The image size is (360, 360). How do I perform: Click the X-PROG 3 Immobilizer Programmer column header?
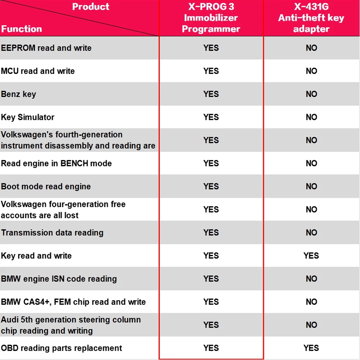[x=211, y=18]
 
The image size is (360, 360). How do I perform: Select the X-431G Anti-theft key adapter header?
[x=311, y=18]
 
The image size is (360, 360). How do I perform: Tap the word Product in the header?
[x=91, y=6]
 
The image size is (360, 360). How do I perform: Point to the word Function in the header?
[x=22, y=29]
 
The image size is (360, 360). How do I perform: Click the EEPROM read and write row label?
[x=46, y=48]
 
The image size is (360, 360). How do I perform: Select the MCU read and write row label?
[x=38, y=71]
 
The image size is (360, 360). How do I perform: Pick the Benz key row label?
[x=19, y=94]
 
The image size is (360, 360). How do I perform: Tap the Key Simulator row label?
[x=28, y=117]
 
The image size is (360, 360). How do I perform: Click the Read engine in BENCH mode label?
[x=57, y=163]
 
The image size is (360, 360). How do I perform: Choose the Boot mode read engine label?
[x=46, y=186]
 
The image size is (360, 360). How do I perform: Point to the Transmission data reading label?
[x=52, y=233]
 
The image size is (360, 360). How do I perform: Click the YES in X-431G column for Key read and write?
[x=311, y=256]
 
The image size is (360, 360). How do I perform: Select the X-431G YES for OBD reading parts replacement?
[x=311, y=348]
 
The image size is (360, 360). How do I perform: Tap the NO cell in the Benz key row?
[x=311, y=94]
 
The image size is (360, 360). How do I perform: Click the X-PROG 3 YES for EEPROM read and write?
[x=211, y=48]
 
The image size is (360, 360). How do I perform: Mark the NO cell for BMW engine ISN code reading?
[x=311, y=279]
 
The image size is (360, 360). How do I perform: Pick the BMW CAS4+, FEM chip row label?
[x=73, y=302]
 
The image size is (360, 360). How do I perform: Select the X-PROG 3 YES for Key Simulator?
[x=211, y=117]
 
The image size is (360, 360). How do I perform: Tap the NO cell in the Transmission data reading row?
[x=311, y=233]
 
